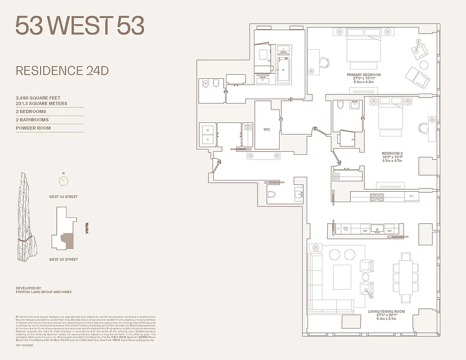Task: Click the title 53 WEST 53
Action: pos(80,26)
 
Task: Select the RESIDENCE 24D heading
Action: pos(62,71)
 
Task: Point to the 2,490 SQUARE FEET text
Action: pos(38,98)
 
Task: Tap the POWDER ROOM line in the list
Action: pos(33,128)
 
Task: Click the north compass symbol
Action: pos(63,181)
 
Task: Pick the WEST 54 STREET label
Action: pos(63,197)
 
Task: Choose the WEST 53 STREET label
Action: pos(63,259)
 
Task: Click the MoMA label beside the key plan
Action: pos(87,228)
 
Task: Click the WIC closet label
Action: pos(267,130)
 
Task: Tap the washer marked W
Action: pos(208,130)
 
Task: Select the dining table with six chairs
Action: pos(406,275)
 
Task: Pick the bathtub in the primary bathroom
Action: pos(284,70)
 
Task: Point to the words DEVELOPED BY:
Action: pos(28,288)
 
